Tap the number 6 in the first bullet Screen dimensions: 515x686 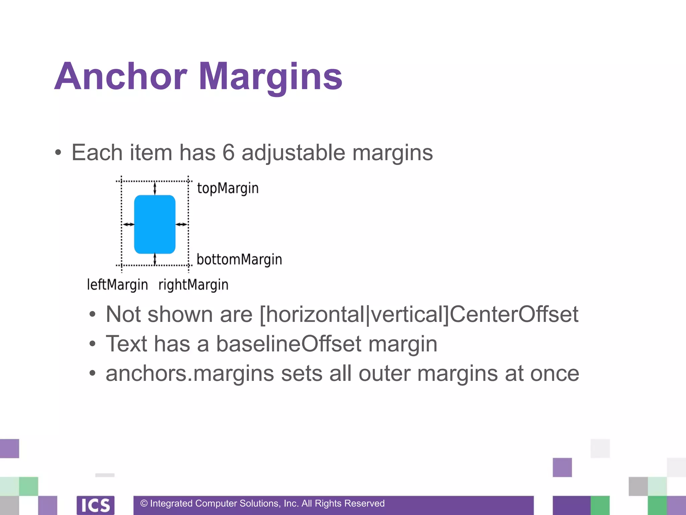point(228,153)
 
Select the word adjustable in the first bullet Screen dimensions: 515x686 point(293,153)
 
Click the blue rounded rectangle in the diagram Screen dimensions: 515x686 point(155,224)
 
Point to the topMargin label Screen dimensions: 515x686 point(228,188)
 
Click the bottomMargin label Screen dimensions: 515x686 point(239,260)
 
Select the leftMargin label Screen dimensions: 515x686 point(117,285)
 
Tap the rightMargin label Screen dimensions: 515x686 point(193,285)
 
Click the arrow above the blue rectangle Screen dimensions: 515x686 point(155,188)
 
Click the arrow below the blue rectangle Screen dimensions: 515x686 point(155,259)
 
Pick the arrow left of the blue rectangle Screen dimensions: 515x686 point(128,224)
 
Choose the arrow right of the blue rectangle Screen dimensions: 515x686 point(182,224)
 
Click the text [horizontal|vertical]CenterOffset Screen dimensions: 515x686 point(419,314)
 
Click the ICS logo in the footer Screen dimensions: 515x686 point(95,505)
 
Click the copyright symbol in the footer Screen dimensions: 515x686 point(144,503)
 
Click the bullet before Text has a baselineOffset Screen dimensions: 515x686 point(92,344)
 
